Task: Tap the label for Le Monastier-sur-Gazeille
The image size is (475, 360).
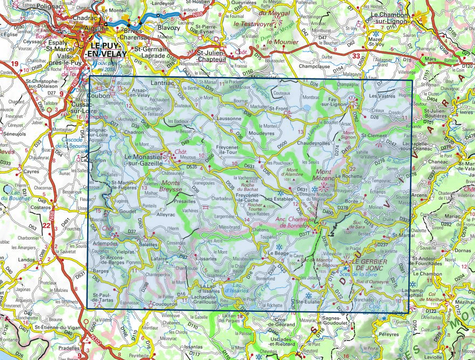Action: click(x=147, y=159)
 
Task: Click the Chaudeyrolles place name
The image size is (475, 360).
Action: click(x=314, y=143)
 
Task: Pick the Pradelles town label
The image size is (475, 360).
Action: click(x=61, y=349)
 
